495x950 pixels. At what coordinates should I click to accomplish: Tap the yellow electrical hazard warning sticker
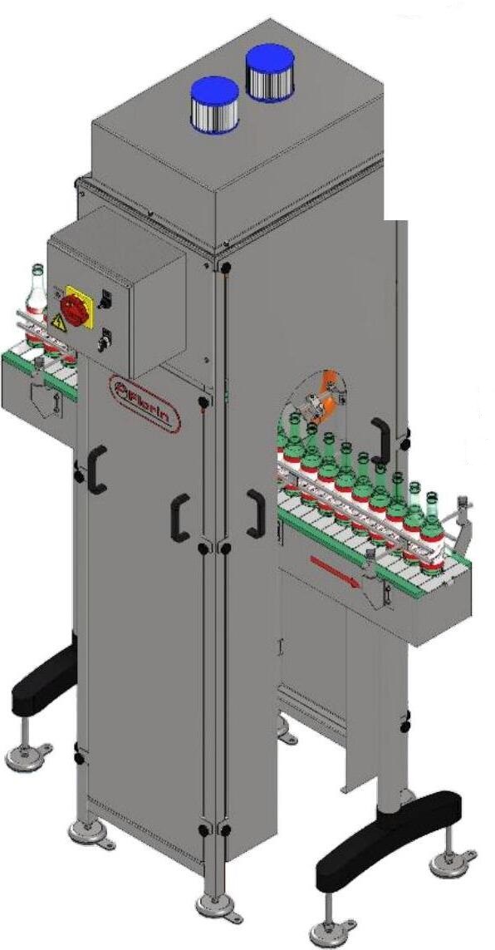[x=59, y=323]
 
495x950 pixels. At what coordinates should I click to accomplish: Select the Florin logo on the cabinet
[x=146, y=403]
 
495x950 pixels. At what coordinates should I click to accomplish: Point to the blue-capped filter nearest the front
[x=215, y=104]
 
